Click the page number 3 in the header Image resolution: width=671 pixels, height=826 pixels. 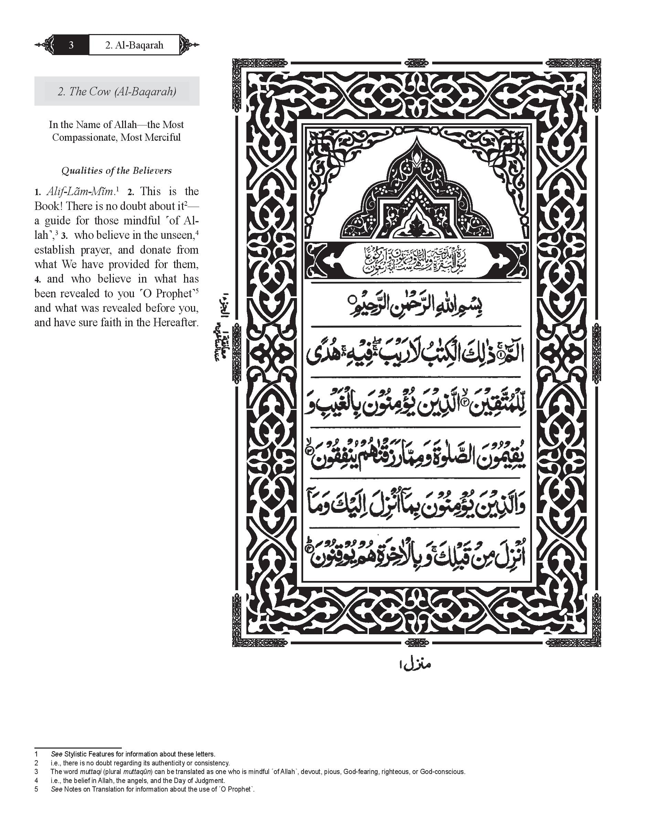71,45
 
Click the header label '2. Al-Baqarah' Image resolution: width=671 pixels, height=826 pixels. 134,45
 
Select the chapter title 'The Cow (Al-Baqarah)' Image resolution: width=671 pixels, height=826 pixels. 117,92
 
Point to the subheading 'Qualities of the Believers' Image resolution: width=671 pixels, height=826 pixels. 116,171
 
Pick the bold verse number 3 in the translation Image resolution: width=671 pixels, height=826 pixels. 64,236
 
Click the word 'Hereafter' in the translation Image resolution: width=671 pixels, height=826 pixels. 175,322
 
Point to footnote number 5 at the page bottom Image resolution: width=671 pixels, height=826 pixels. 36,789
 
